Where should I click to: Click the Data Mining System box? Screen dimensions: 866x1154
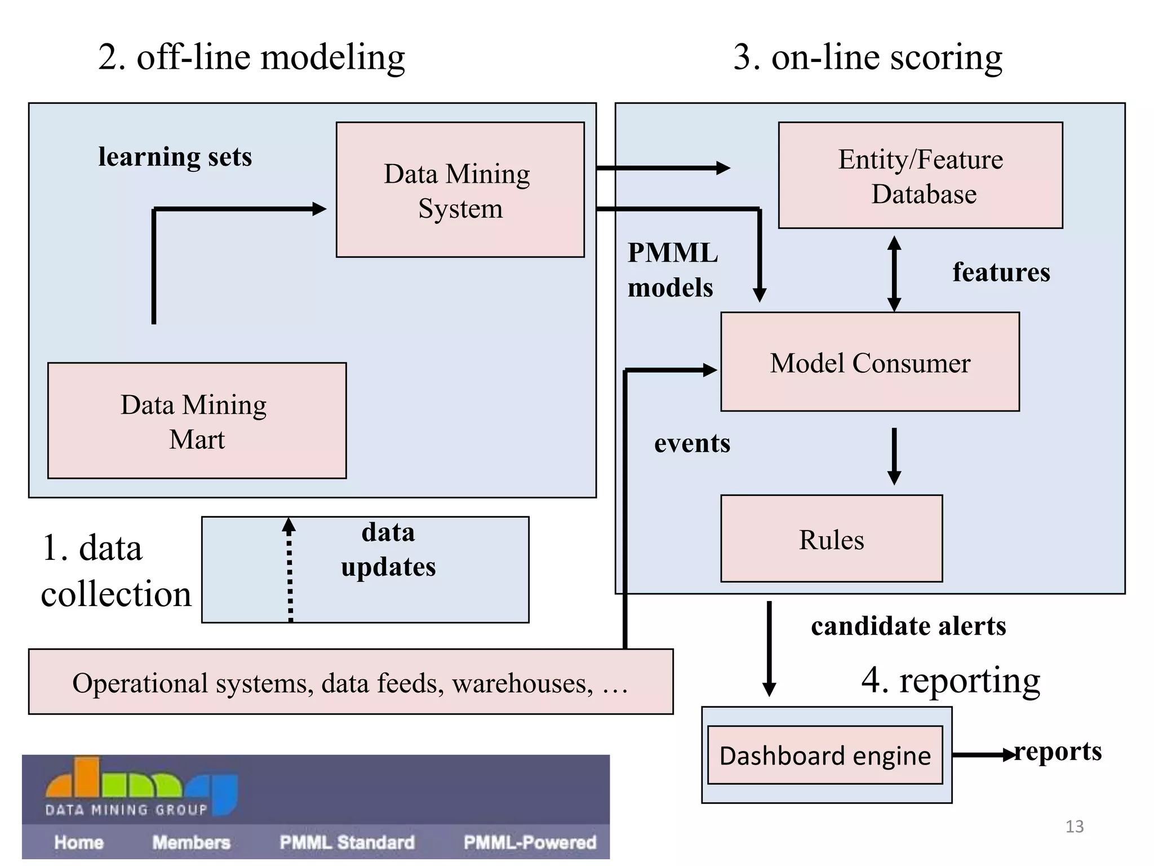[x=460, y=190]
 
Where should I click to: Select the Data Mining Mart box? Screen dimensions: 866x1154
[x=197, y=421]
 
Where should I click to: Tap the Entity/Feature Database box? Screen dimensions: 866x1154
[x=920, y=175]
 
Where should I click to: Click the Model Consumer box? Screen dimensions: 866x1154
[x=869, y=362]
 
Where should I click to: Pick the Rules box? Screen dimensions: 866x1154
[x=831, y=539]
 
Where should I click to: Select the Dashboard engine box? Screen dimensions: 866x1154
[x=825, y=755]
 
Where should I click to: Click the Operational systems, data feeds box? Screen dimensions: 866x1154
[x=350, y=682]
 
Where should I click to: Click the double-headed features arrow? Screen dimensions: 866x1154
[x=894, y=274]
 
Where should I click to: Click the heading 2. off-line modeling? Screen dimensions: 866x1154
[x=251, y=58]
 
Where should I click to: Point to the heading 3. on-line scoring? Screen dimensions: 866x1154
[x=868, y=58]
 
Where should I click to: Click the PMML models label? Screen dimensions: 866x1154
[x=672, y=270]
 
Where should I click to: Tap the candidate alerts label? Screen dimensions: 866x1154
[x=908, y=626]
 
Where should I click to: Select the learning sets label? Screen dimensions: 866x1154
[x=175, y=157]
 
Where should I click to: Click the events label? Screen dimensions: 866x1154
[x=692, y=443]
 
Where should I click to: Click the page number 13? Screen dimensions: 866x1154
[x=1074, y=827]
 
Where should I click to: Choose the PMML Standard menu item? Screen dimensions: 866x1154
[x=347, y=842]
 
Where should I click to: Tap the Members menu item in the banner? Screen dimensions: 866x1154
[x=191, y=842]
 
